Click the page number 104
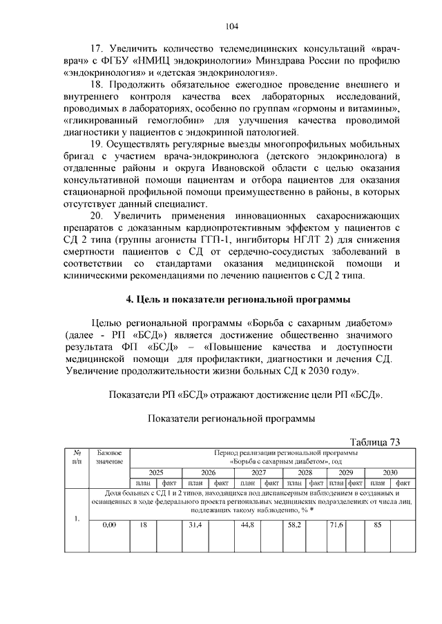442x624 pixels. [232, 26]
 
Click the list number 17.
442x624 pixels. [99, 49]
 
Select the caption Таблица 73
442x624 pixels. [375, 442]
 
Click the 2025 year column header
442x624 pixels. [156, 473]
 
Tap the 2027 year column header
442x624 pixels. [259, 473]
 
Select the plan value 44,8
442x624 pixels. [248, 525]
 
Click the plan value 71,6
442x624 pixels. [336, 525]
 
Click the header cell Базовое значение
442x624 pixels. [110, 456]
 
